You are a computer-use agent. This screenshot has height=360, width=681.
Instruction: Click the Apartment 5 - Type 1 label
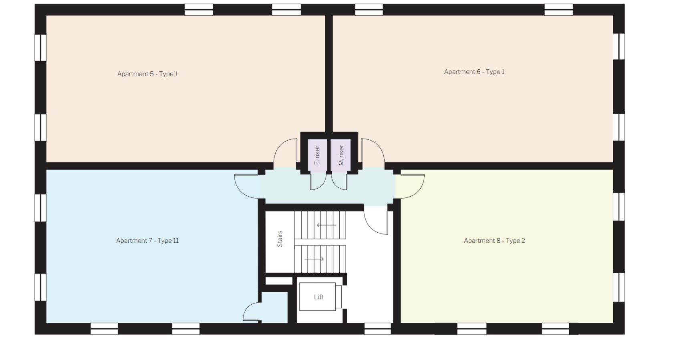pos(147,74)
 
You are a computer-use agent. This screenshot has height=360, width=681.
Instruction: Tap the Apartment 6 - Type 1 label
pos(474,72)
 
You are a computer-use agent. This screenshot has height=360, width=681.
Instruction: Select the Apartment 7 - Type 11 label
pos(147,241)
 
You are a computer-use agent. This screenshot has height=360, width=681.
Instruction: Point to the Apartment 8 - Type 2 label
pos(494,241)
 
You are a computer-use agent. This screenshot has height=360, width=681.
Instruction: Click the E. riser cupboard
pos(317,155)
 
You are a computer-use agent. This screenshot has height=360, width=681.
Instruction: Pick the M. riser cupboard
pos(341,155)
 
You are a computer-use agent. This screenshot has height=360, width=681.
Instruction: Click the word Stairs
pos(280,239)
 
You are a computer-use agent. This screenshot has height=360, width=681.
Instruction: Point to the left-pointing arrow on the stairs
pos(326,225)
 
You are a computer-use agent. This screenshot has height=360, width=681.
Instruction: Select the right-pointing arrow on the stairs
pos(314,259)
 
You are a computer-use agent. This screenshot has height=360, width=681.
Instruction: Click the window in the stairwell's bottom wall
pos(378,329)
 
